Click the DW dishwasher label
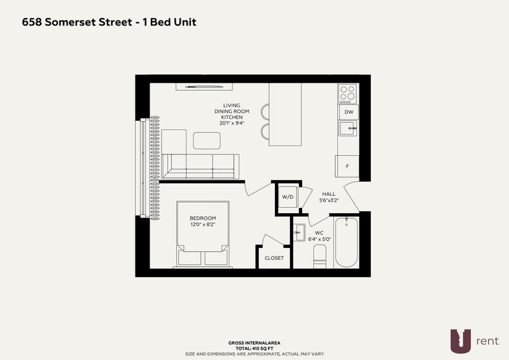(x=349, y=113)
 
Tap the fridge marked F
(x=347, y=166)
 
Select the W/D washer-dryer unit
(x=288, y=197)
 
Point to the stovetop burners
(x=347, y=93)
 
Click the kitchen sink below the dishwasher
(x=348, y=128)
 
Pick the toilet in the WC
(x=320, y=256)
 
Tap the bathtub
(x=346, y=242)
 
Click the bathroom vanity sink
(x=299, y=232)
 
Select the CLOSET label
(x=274, y=258)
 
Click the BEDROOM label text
(x=203, y=218)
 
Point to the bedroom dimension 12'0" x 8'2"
(x=203, y=225)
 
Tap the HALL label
(x=329, y=194)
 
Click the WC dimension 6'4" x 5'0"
(x=319, y=239)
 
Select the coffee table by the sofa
(x=207, y=141)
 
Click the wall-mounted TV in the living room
(x=204, y=87)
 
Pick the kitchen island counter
(x=285, y=114)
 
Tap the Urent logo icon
(x=460, y=341)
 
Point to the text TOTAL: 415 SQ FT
(x=254, y=349)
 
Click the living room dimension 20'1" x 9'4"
(x=232, y=123)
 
